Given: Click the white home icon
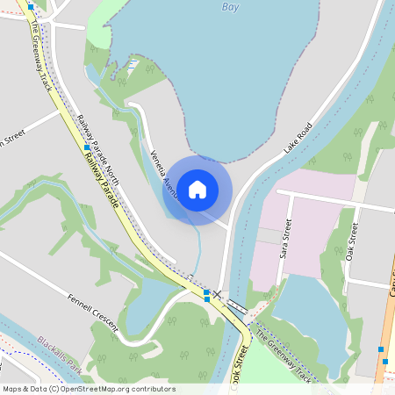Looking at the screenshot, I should pos(197,188).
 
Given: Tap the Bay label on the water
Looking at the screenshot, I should pos(229,6).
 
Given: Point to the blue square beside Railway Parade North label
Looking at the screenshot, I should pos(87,148).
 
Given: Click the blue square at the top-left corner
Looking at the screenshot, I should pos(31,5).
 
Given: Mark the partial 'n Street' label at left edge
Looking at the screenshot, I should pos(13,139).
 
